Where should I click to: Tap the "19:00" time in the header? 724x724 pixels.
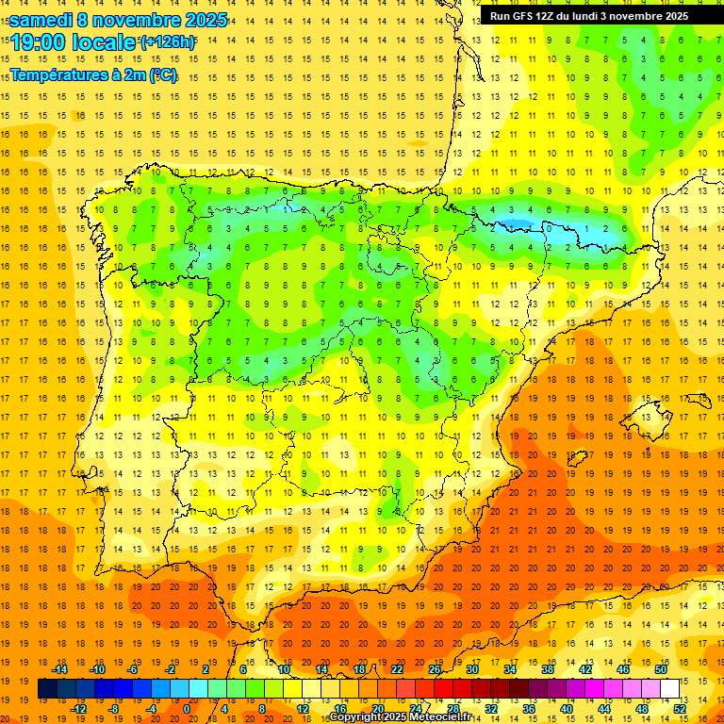point(39,42)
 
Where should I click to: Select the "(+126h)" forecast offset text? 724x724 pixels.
point(168,41)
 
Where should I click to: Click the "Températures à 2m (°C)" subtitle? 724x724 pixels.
point(92,74)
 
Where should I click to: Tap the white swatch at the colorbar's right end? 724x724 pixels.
point(670,689)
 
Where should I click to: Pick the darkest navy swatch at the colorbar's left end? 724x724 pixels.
point(47,689)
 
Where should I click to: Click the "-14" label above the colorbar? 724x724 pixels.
point(59,669)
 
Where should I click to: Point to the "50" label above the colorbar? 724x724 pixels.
point(660,669)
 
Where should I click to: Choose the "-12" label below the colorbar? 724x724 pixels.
point(78,709)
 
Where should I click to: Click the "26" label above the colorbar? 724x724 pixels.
point(434,669)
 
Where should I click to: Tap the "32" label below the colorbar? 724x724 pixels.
point(491,709)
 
